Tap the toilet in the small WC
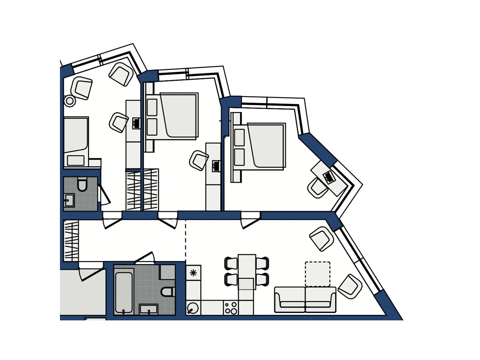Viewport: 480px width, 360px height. (x=82, y=184)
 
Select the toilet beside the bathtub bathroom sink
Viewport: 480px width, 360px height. (x=167, y=291)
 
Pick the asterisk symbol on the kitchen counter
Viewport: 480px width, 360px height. (x=193, y=273)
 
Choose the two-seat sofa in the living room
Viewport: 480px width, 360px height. (x=305, y=299)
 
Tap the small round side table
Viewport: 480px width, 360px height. (x=70, y=101)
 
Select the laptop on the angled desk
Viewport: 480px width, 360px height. (x=329, y=177)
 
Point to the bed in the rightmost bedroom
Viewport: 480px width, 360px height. (x=265, y=145)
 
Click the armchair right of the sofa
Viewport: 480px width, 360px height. (x=349, y=286)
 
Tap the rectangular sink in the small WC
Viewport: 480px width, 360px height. (x=69, y=200)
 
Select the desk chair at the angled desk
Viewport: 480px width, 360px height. (x=317, y=188)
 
